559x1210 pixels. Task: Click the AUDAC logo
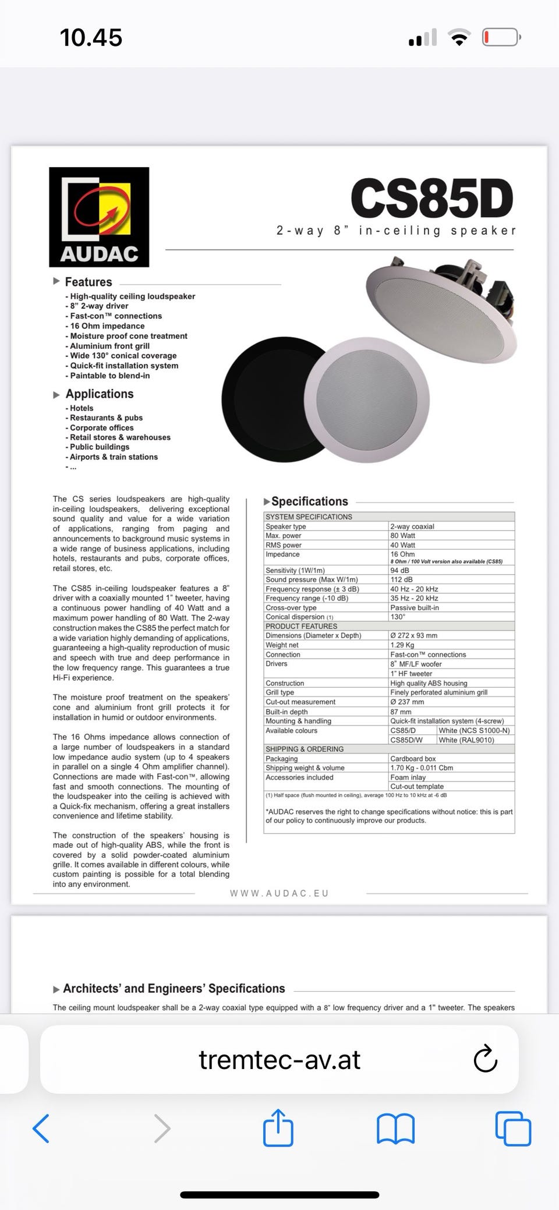point(99,217)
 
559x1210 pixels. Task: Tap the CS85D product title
point(431,199)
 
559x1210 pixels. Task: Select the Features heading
point(89,282)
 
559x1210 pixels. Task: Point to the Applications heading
point(100,394)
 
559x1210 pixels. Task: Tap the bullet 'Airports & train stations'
point(114,457)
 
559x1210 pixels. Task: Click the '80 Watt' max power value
point(403,536)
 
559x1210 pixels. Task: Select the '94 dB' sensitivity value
point(399,571)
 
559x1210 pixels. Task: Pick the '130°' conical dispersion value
point(398,617)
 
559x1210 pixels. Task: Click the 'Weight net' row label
point(282,645)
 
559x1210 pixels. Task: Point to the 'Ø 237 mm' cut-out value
point(407,702)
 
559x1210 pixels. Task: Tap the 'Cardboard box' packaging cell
point(413,759)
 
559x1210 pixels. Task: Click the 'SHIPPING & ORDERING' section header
point(305,749)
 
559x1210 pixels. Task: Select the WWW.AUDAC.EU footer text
point(279,893)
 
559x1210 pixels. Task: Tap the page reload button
point(485,1059)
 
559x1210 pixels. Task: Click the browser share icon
point(278,1128)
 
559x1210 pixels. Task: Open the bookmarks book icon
point(396,1128)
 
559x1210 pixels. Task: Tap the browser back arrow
point(41,1128)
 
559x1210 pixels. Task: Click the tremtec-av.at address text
point(279,1059)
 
